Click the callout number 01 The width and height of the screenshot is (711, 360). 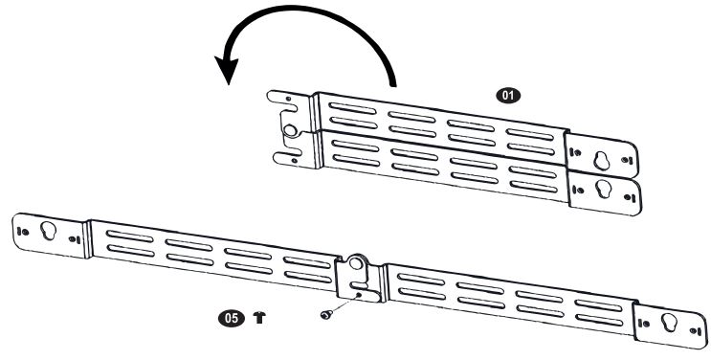[x=508, y=96]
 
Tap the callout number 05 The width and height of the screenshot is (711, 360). [x=232, y=318]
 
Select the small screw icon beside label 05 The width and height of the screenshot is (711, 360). [x=259, y=317]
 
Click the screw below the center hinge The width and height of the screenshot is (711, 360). [x=325, y=314]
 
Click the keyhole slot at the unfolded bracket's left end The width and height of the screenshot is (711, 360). [x=48, y=231]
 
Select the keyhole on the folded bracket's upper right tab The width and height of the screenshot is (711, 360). [x=601, y=160]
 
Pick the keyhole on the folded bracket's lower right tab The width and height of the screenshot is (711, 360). [x=604, y=189]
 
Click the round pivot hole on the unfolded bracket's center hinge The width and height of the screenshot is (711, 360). [x=356, y=263]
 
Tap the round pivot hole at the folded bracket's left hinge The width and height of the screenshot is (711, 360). [x=290, y=130]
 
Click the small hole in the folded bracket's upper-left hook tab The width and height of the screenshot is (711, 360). [x=288, y=99]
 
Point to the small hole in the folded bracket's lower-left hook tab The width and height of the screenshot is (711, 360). [x=295, y=160]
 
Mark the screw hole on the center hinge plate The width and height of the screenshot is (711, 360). [x=358, y=295]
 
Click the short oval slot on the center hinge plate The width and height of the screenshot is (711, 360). [x=359, y=285]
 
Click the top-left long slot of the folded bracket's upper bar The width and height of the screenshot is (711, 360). [x=352, y=108]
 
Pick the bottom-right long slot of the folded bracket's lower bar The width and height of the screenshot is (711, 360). [x=534, y=186]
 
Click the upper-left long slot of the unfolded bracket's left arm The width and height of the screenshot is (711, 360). [x=130, y=236]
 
